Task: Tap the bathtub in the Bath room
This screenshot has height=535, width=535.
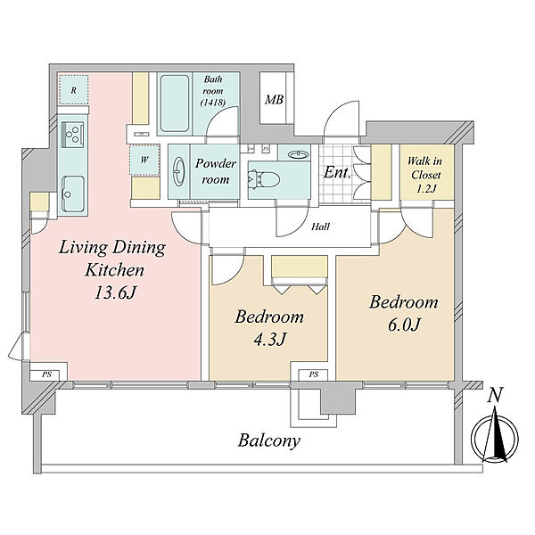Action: pos(175,103)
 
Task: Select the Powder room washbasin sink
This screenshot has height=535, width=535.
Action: pos(179,171)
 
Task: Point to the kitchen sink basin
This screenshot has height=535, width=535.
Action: pos(73,193)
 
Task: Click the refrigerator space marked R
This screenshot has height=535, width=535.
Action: pos(73,90)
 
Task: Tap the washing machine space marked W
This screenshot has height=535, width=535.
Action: pos(144,160)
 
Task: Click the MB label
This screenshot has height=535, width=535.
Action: pos(275,100)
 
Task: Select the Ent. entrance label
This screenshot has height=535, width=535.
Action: pos(337,172)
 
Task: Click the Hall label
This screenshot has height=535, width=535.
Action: pos(320,226)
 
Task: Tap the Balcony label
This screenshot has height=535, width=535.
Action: pos(269,440)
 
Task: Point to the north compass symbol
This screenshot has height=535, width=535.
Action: pos(495,438)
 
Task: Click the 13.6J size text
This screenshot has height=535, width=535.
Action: pos(115,292)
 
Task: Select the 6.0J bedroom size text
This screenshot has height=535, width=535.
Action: pos(404,325)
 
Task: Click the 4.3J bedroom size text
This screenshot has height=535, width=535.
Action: pos(269,339)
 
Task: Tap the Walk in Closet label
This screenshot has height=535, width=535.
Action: pos(425,175)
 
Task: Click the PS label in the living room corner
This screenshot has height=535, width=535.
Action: pos(46,374)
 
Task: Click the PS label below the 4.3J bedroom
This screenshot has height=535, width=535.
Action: pos(314,374)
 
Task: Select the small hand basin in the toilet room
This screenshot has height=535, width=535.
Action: pos(299,155)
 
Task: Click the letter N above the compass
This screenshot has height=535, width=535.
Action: pos(495,396)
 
